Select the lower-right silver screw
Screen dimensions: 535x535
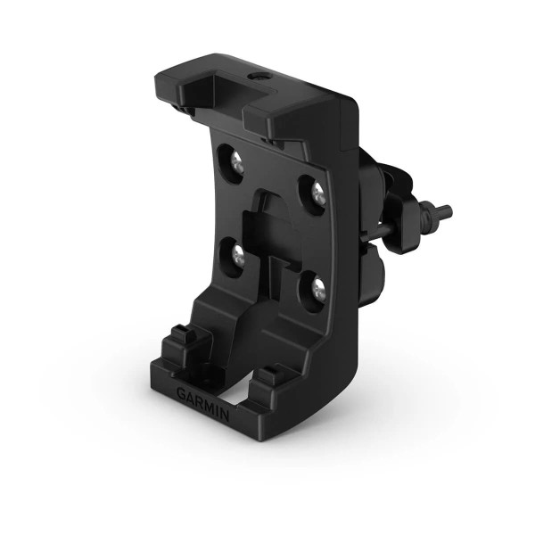click(x=317, y=288)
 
